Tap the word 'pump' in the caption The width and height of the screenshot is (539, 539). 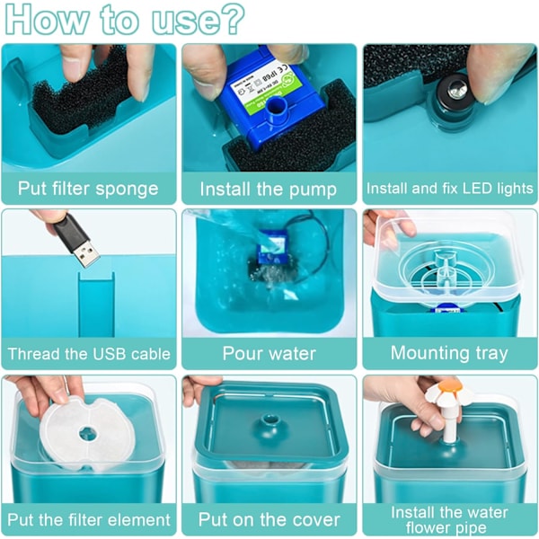(x=313, y=190)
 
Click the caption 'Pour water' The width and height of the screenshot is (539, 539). (x=269, y=353)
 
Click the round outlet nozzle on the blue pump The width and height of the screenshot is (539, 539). (x=275, y=107)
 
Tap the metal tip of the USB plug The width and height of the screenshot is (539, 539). (x=86, y=254)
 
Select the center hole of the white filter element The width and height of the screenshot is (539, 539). (x=87, y=434)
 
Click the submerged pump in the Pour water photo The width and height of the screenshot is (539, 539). (x=271, y=247)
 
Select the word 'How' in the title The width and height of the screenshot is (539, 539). (x=46, y=20)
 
